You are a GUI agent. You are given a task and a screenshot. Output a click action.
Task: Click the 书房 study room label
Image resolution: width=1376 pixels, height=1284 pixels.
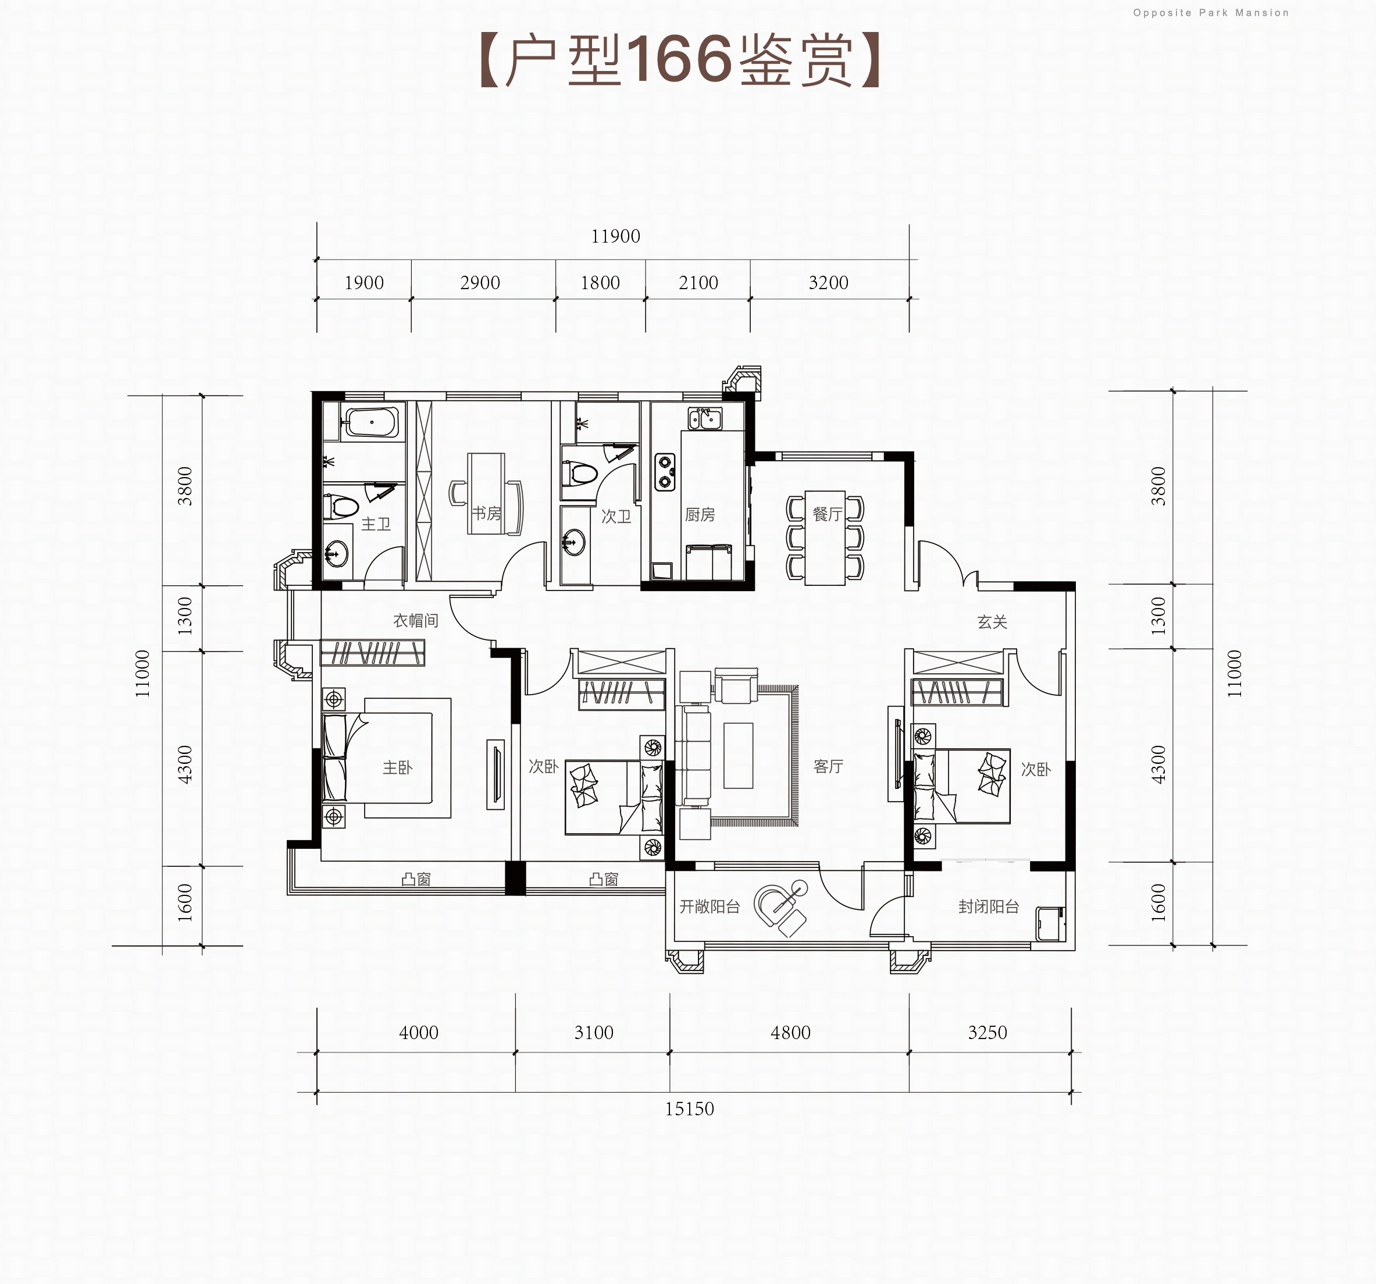pos(487,513)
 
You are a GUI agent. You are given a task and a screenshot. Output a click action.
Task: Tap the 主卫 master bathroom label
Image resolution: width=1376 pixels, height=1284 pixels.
pos(376,524)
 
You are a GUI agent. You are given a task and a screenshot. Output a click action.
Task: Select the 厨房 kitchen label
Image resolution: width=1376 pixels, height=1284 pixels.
pos(700,514)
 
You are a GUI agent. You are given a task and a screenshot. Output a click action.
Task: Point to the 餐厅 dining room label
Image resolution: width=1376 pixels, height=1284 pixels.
pos(827,513)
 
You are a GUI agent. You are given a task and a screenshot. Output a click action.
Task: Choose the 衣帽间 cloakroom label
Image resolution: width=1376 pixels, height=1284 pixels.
pos(416,621)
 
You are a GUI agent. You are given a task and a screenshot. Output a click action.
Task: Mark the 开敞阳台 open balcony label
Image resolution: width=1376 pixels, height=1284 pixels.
pos(710,906)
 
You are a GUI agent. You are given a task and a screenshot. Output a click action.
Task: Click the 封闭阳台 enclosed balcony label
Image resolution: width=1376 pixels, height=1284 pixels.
pos(989,906)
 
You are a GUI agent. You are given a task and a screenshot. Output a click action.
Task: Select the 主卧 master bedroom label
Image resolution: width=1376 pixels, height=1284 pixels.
pos(397,767)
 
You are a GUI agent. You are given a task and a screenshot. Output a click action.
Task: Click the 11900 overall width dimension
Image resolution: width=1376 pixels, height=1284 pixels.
pos(615,236)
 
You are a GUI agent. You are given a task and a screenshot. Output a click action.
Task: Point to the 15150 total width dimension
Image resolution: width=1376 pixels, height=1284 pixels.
pos(689,1109)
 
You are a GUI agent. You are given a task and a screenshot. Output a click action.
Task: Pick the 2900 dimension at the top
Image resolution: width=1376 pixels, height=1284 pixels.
pos(480,283)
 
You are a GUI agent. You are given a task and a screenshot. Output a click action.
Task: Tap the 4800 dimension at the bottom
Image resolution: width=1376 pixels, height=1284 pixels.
pos(790,1033)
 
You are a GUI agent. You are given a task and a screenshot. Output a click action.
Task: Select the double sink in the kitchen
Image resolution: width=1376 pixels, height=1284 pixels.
pos(705,418)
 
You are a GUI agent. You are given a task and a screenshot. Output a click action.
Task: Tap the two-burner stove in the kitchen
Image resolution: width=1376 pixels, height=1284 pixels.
pos(665,472)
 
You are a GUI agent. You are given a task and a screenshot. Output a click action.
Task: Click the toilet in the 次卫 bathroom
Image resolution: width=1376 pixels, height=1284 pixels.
pos(581,474)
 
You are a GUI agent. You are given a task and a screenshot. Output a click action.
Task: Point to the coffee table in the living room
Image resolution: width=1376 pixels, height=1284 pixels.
pos(738,756)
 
